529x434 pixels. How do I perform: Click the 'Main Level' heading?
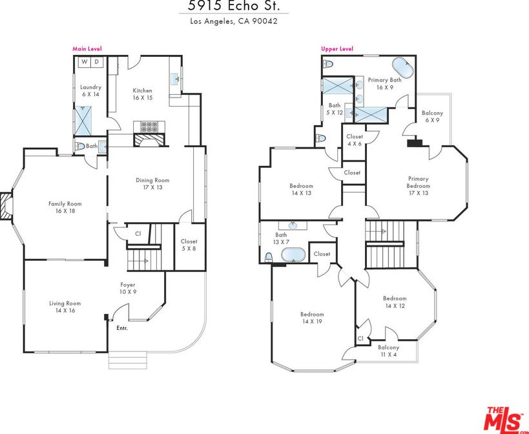[x=87, y=49]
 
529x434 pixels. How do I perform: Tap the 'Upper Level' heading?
[x=337, y=49]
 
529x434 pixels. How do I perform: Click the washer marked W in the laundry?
[x=85, y=62]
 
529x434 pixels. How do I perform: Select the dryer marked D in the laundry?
[x=96, y=62]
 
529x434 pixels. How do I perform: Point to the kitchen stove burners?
[x=149, y=127]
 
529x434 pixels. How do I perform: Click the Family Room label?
[x=65, y=207]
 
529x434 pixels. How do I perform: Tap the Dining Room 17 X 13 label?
[x=152, y=184]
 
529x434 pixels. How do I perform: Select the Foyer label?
[x=128, y=288]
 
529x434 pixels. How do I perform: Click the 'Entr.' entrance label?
[x=122, y=328]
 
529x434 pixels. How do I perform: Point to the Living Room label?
[x=65, y=307]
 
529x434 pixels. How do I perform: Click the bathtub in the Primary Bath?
[x=403, y=69]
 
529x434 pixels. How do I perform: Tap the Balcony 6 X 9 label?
[x=432, y=116]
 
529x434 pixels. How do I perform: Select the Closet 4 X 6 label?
[x=355, y=140]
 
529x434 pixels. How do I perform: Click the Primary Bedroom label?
[x=419, y=186]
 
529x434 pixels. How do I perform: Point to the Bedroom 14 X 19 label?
[x=312, y=318]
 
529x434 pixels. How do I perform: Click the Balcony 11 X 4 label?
[x=388, y=351]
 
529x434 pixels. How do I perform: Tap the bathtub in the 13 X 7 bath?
[x=293, y=254]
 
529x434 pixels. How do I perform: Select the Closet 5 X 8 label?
[x=189, y=245]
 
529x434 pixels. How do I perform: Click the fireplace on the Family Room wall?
[x=6, y=206]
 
